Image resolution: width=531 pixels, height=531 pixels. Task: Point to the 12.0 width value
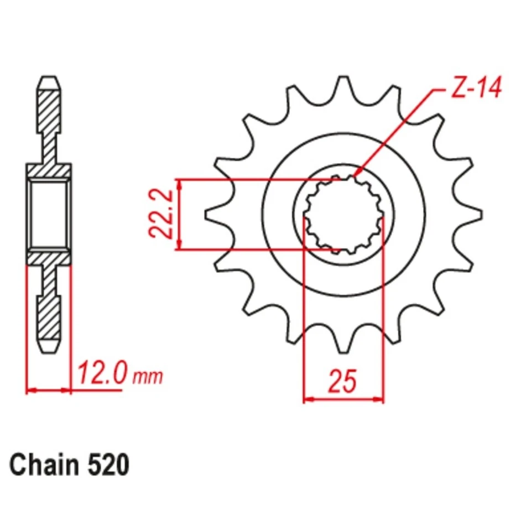click(103, 374)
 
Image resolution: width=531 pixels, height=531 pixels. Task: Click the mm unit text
click(148, 377)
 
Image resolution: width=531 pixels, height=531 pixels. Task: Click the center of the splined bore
click(343, 215)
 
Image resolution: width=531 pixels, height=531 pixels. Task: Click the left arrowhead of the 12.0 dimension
click(30, 391)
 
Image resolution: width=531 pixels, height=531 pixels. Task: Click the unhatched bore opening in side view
click(49, 214)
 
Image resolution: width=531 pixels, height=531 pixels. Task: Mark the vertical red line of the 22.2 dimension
click(178, 214)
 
